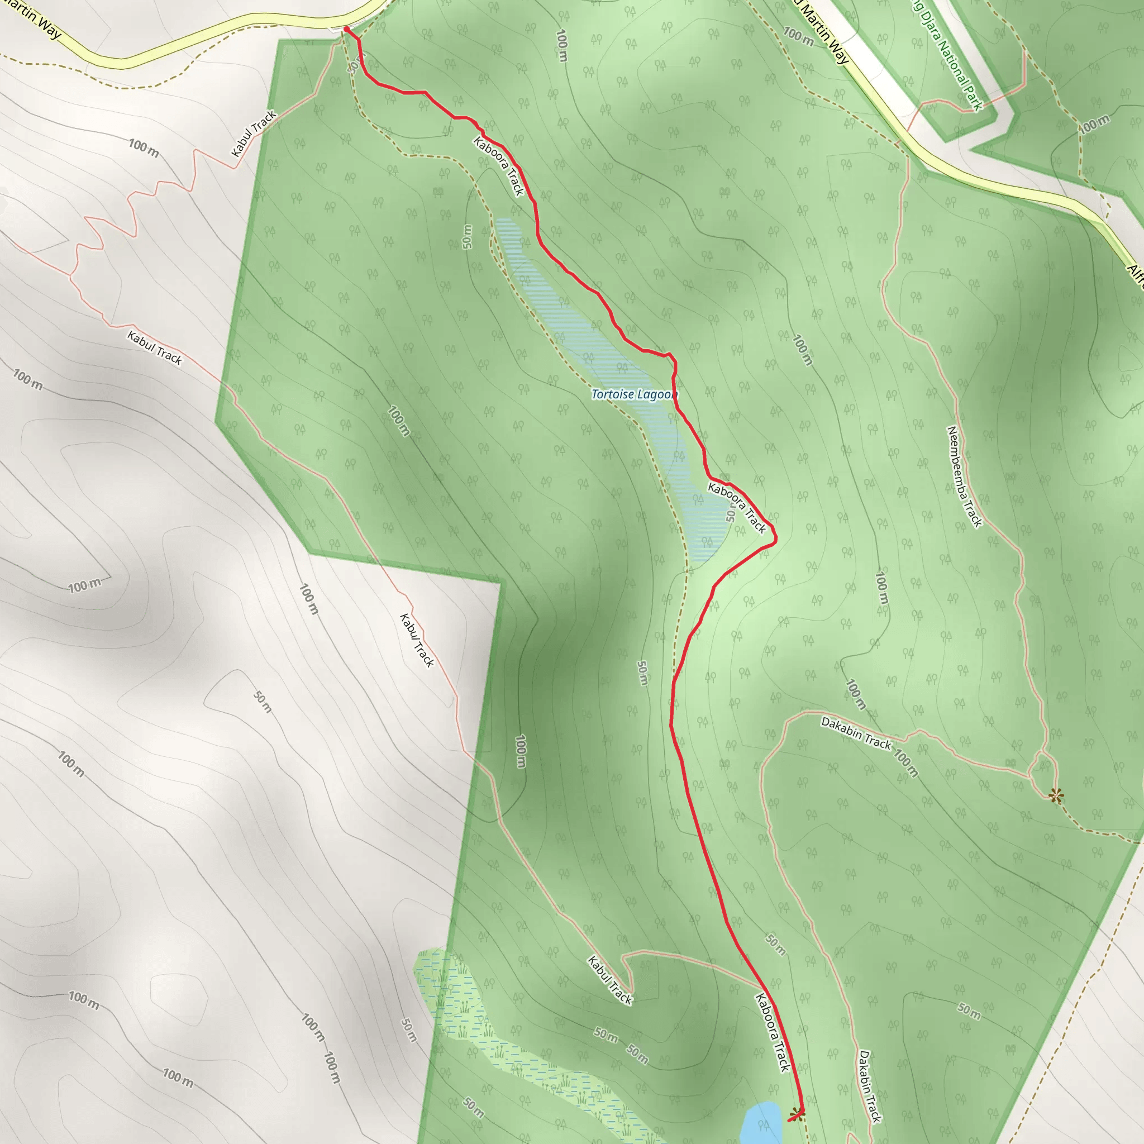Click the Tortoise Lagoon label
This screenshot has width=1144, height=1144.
(633, 394)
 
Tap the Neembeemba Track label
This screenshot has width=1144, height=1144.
(965, 476)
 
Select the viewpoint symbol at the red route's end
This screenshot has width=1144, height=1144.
(797, 1114)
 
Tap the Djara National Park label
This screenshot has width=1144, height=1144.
(947, 56)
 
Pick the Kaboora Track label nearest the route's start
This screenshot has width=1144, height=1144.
(499, 166)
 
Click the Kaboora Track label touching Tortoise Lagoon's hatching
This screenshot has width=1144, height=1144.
(737, 507)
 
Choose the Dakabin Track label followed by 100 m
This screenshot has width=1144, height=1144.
(856, 733)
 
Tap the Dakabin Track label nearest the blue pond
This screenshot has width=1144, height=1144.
(870, 1086)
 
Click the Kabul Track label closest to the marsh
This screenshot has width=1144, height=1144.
(610, 980)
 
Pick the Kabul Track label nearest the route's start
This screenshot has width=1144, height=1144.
(254, 134)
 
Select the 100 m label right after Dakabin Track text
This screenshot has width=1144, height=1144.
(905, 764)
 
